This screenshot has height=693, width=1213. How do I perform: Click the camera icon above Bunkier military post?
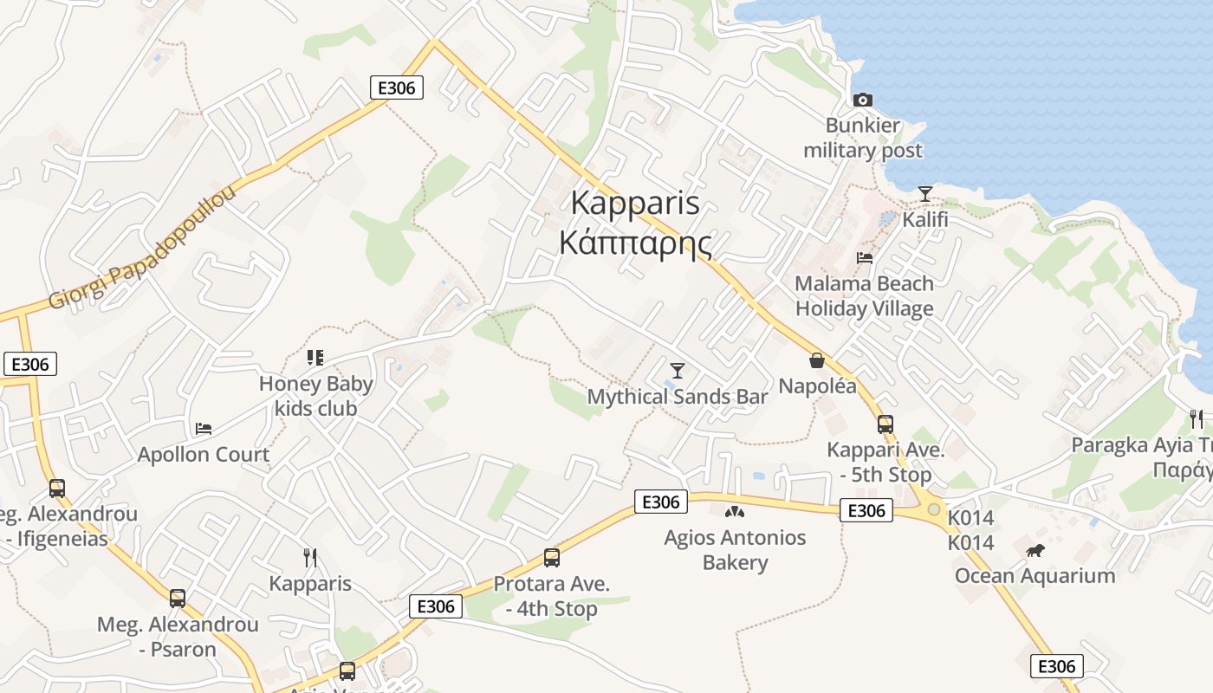(862, 100)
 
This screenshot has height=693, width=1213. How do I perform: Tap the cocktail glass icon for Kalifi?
(925, 193)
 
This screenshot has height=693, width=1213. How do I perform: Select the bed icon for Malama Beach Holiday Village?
(864, 257)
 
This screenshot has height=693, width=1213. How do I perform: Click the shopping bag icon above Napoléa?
(816, 360)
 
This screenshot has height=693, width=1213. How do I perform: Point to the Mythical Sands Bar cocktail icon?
(678, 371)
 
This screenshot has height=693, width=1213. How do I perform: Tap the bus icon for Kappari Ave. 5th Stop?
(885, 424)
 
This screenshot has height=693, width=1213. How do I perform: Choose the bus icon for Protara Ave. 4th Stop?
(551, 558)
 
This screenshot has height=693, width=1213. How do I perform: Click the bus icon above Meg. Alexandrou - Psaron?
(178, 598)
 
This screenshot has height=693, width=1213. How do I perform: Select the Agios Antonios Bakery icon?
(734, 512)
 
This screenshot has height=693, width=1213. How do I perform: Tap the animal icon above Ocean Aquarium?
(1035, 550)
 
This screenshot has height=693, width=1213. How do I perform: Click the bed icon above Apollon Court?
(204, 428)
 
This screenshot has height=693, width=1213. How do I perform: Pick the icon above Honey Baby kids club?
(315, 358)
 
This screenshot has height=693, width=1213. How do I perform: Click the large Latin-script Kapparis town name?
(635, 204)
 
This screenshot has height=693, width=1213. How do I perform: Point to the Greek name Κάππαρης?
(635, 243)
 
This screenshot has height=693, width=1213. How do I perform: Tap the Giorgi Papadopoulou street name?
(143, 248)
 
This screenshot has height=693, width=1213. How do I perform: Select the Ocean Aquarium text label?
(1035, 576)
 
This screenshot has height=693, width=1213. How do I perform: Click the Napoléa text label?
(817, 386)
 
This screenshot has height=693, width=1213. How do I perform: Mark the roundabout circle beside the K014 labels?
(933, 509)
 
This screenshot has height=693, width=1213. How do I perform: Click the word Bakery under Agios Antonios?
(735, 563)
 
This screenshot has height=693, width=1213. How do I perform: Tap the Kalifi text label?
(925, 219)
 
